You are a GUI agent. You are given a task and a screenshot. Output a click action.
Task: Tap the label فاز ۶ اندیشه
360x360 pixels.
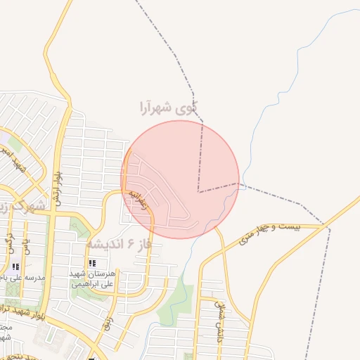pos(124,244)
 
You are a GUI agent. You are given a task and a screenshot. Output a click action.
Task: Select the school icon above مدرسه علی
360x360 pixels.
pos(15,266)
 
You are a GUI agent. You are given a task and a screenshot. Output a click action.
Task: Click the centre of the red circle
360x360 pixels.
pos(180,179)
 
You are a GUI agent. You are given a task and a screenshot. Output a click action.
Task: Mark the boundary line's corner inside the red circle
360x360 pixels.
pos(198,191)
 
